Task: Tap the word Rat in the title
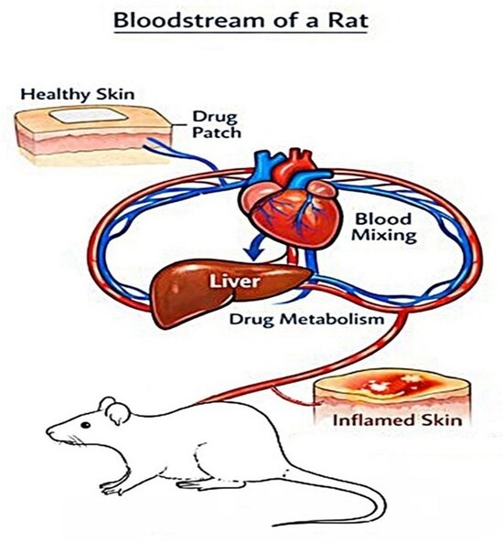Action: (x=348, y=20)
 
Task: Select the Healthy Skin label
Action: (x=78, y=94)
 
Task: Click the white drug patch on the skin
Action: (x=88, y=115)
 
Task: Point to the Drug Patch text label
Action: (x=216, y=124)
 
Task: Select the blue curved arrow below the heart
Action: (x=255, y=249)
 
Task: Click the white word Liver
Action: (x=234, y=281)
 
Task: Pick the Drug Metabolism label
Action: (x=306, y=319)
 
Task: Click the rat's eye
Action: (x=85, y=425)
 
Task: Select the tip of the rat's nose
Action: (x=48, y=431)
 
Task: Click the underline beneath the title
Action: (x=241, y=33)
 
